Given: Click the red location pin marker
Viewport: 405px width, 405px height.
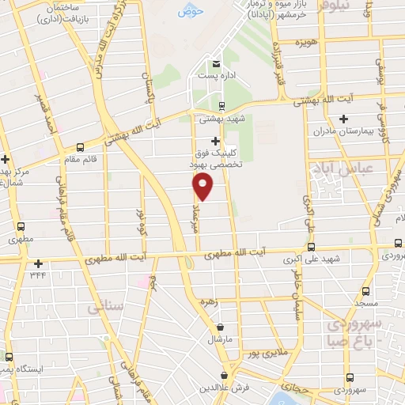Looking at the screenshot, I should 203,186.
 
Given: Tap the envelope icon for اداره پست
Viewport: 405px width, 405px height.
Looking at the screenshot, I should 214,63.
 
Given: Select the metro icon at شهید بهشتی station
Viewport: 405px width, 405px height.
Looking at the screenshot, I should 221,105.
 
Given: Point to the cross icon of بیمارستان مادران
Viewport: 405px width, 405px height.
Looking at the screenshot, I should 343,119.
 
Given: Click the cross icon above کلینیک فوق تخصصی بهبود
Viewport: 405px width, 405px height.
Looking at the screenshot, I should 215,140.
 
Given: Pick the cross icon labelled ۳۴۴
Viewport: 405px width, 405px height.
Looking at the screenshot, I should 37,263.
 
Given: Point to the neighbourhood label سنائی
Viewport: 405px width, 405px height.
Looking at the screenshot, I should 104,304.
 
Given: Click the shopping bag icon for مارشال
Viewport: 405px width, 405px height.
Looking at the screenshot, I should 219,327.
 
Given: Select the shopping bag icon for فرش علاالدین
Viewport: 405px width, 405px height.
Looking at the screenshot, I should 225,375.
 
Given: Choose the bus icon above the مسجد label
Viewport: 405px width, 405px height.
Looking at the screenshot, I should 365,290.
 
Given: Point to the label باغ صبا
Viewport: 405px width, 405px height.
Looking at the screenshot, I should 346,341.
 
